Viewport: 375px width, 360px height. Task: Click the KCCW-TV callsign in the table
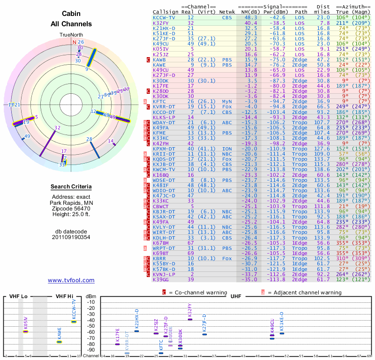164,17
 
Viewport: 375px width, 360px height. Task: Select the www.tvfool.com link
71,280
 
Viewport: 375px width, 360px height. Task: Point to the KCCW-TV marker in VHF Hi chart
74,322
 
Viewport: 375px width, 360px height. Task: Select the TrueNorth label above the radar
71,35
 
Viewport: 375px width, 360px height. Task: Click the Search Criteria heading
71,187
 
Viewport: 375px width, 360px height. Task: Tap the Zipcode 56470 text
71,209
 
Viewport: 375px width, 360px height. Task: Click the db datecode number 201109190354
71,237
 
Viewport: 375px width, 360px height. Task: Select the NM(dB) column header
248,12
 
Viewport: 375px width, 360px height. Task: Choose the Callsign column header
165,12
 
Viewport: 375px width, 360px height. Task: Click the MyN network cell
228,101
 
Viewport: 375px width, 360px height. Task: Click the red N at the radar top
74,42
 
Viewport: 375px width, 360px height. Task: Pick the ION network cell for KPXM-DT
228,148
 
